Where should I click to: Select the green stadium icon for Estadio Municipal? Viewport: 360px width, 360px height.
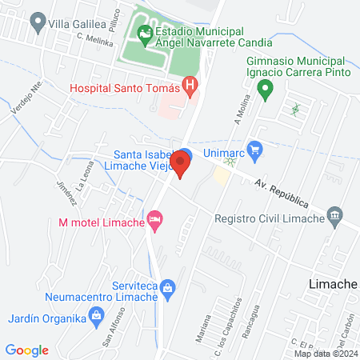pyautogui.click(x=144, y=34)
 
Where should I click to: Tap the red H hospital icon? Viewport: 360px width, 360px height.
pyautogui.click(x=190, y=85)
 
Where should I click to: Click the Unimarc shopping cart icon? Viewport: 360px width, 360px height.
pyautogui.click(x=256, y=148)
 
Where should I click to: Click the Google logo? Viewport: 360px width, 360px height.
pyautogui.click(x=27, y=350)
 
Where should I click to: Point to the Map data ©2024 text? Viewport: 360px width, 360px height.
pyautogui.click(x=325, y=353)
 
